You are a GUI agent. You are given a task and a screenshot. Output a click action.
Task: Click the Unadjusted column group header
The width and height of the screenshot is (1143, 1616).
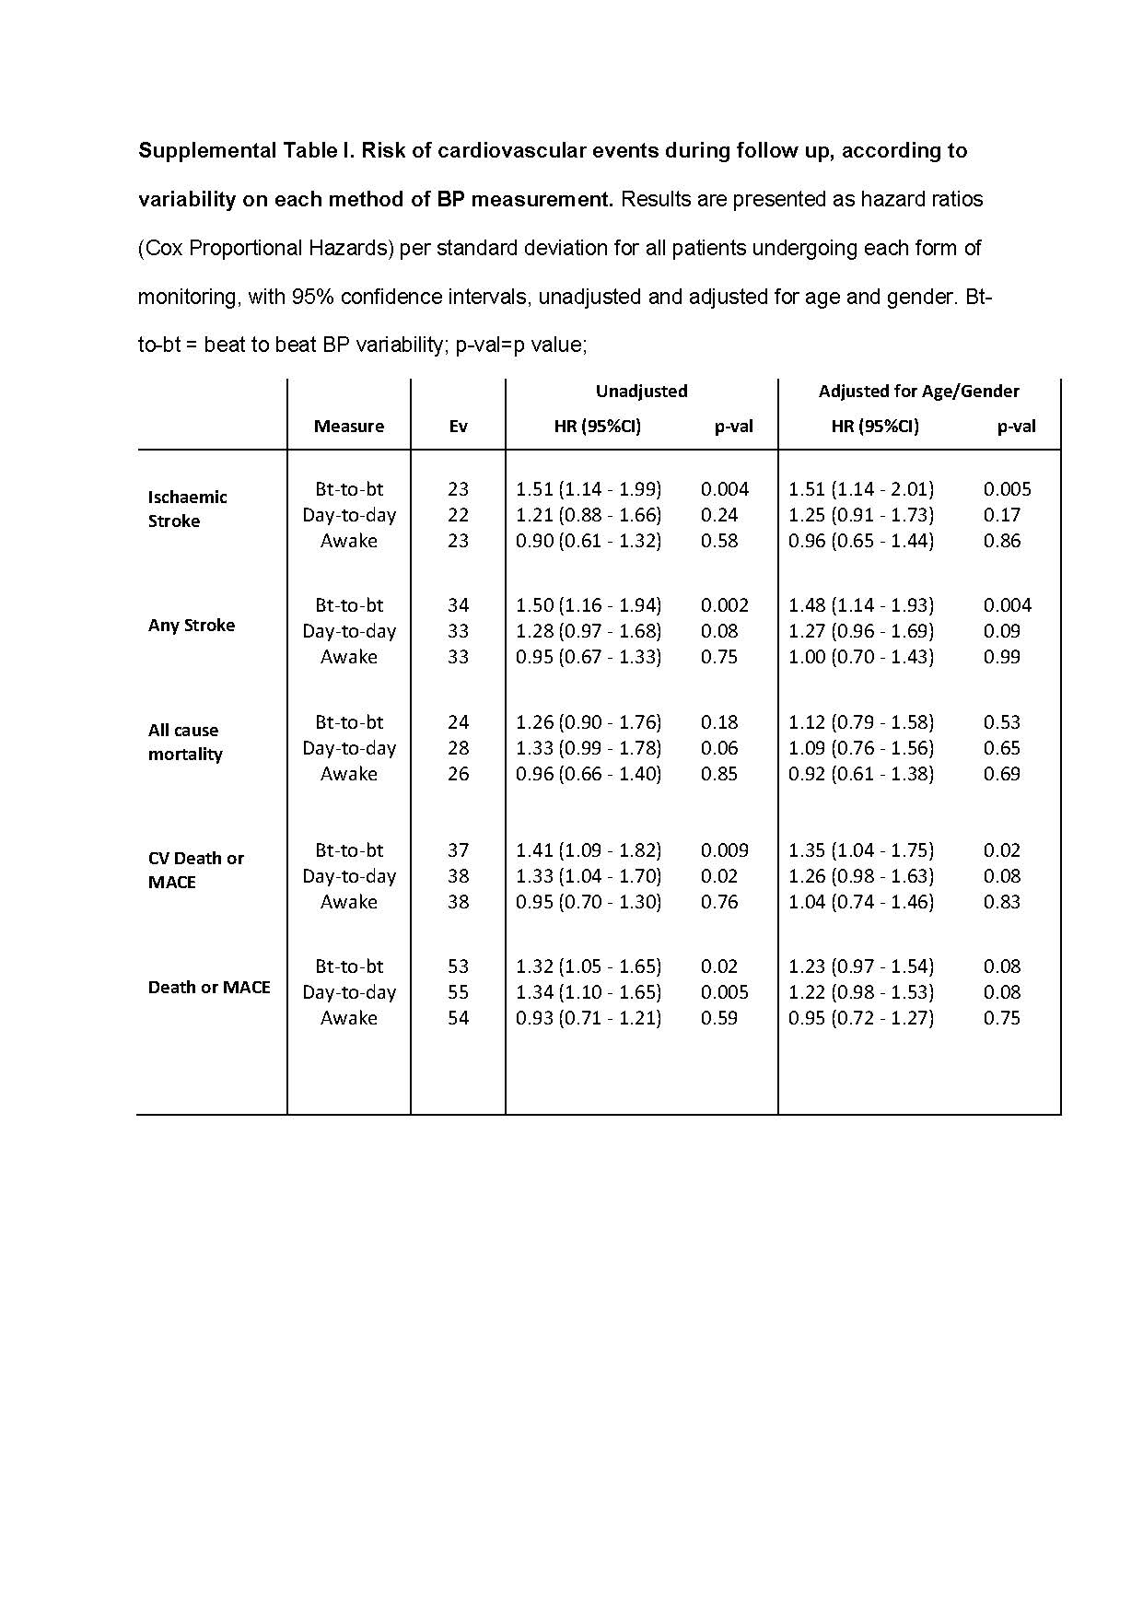tap(641, 392)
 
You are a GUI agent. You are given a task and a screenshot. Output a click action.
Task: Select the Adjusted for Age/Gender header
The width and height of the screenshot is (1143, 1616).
tap(918, 392)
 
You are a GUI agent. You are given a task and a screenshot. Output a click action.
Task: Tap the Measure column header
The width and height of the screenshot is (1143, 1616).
tap(348, 427)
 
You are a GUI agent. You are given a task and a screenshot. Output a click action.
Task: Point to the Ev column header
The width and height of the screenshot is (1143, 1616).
tap(458, 427)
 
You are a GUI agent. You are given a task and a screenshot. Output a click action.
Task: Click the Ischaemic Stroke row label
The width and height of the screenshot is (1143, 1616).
tap(187, 509)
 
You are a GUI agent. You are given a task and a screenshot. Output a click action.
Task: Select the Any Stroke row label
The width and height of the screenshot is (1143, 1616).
tap(192, 626)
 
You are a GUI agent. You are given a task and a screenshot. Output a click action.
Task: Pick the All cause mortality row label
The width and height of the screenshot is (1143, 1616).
tap(185, 743)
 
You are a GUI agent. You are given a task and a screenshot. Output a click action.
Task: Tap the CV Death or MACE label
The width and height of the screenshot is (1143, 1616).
tap(195, 871)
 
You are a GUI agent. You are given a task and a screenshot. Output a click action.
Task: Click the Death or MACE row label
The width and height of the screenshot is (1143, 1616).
tap(209, 988)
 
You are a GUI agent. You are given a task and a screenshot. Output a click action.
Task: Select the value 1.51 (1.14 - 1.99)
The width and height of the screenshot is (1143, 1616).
tap(588, 489)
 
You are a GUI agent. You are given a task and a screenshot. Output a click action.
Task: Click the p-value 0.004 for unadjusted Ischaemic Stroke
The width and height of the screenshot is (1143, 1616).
tap(725, 489)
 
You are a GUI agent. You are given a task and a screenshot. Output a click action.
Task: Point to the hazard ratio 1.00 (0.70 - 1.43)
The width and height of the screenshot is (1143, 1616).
tap(860, 657)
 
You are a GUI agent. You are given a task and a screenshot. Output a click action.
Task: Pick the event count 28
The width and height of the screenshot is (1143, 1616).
tap(458, 748)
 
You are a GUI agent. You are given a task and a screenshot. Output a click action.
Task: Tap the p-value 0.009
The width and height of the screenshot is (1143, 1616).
tap(725, 850)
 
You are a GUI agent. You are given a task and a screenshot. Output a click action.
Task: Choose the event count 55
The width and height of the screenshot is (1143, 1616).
tap(458, 992)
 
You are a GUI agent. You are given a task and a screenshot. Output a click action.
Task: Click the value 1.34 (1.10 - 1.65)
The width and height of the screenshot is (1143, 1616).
tap(588, 992)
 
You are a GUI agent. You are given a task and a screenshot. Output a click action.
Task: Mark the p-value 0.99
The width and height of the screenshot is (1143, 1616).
tap(1002, 657)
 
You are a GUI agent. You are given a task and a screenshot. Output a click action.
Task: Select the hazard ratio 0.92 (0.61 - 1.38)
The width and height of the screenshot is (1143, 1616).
tap(860, 774)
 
